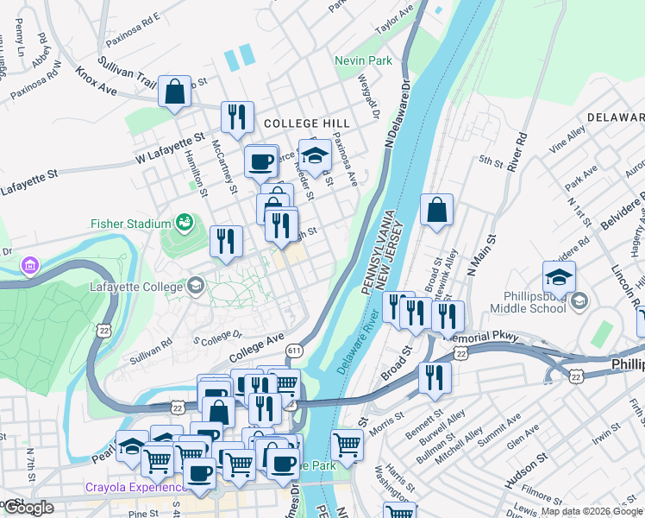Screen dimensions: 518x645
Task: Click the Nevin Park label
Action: click(x=364, y=61)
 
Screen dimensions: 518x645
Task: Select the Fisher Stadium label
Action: click(x=130, y=224)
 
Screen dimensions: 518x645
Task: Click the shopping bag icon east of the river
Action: click(x=437, y=210)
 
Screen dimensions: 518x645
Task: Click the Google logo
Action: click(x=28, y=507)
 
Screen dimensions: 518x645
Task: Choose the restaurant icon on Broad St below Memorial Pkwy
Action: click(x=435, y=377)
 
